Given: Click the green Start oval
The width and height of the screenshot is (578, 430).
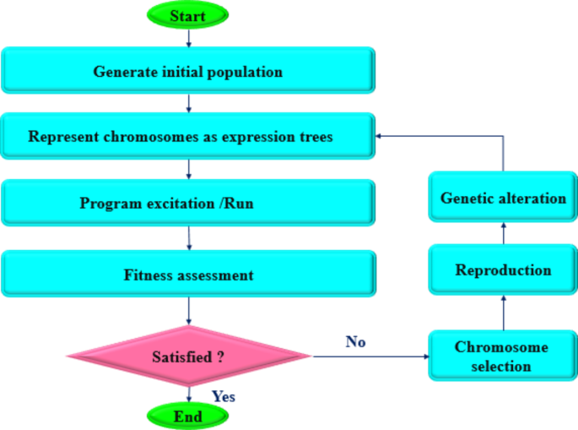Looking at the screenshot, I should (x=187, y=15).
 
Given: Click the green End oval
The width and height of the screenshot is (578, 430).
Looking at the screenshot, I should (x=187, y=416).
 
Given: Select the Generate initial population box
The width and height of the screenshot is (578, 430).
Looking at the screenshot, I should (x=187, y=71).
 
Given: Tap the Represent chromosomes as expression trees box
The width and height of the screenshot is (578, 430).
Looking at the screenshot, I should (x=187, y=137).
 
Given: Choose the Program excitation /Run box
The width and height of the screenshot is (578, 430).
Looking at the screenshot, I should (x=187, y=204).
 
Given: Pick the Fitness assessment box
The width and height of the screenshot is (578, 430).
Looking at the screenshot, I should (x=187, y=274).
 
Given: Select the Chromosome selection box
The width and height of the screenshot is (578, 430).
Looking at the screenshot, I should (x=503, y=357).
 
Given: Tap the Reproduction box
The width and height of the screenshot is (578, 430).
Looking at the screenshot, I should (x=503, y=270).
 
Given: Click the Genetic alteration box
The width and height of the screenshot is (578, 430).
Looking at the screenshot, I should (x=503, y=199).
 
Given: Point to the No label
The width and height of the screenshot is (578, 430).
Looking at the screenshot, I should (x=355, y=341).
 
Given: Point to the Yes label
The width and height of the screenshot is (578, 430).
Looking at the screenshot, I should (x=223, y=395).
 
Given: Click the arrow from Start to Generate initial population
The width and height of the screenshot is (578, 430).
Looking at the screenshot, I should (x=187, y=36).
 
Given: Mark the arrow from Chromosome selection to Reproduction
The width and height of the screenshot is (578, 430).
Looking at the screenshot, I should (x=503, y=313).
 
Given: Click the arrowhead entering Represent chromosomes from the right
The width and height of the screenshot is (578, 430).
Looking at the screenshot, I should (x=381, y=135).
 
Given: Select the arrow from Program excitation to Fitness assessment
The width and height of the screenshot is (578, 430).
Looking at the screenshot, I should (x=187, y=239).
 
